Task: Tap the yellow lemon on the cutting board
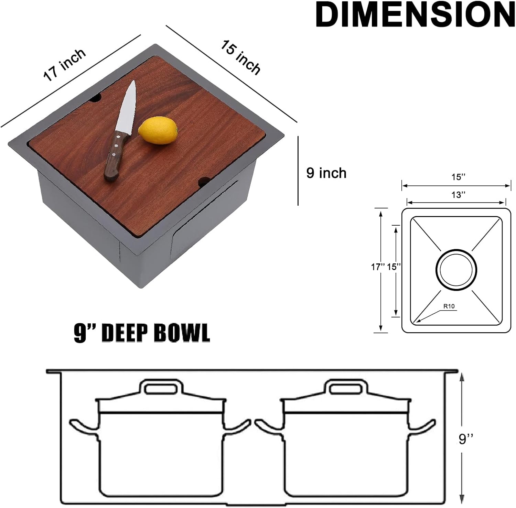[x=158, y=130]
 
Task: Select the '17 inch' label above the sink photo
[x=64, y=65]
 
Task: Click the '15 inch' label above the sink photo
[x=240, y=57]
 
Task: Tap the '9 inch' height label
[x=326, y=173]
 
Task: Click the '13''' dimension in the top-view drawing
[x=458, y=195]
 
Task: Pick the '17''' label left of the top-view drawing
[x=377, y=267]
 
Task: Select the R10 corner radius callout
[x=449, y=306]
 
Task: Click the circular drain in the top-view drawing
[x=456, y=269]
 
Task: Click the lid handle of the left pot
[x=161, y=389]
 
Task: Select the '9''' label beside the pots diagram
[x=466, y=439]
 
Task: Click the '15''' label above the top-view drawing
[x=458, y=177]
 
